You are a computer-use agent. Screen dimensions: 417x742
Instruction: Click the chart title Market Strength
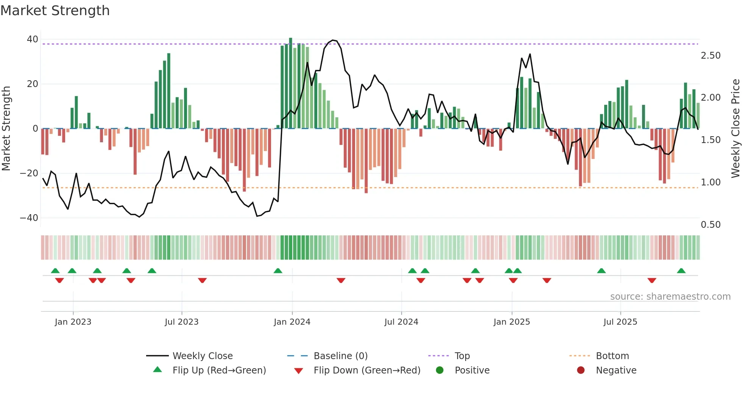[x=55, y=11]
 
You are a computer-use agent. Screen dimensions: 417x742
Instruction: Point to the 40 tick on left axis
[x=33, y=39]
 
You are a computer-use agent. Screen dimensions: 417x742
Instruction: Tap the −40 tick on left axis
[x=29, y=218]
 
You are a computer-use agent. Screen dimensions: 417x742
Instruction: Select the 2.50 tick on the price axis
[x=711, y=56]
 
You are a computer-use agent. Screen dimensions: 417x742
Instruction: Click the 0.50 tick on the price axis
[x=711, y=225]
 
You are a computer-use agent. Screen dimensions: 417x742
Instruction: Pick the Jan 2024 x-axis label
[x=292, y=322]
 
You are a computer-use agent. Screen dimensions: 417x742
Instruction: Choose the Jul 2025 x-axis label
[x=620, y=322]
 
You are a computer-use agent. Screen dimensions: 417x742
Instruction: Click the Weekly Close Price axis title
[x=735, y=129]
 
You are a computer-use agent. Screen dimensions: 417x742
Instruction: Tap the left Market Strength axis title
[x=6, y=129]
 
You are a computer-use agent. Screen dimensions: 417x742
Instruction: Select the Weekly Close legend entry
[x=202, y=356]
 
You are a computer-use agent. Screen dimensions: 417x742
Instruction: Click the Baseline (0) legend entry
[x=340, y=356]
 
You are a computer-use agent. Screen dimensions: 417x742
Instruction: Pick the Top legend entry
[x=462, y=356]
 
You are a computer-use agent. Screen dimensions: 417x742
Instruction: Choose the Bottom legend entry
[x=612, y=356]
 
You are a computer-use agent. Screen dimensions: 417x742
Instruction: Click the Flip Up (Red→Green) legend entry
[x=219, y=370]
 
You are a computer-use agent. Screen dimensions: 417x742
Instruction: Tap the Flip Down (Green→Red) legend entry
[x=366, y=370]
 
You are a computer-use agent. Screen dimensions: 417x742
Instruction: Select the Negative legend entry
[x=616, y=370]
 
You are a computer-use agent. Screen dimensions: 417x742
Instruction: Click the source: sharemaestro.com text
[x=670, y=297]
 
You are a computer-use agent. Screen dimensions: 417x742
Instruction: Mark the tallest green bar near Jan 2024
[x=290, y=83]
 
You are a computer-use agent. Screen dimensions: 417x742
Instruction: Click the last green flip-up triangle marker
[x=681, y=271]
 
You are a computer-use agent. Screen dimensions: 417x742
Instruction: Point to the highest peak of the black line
[x=333, y=40]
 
